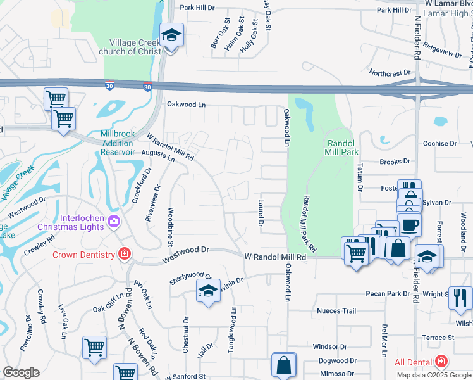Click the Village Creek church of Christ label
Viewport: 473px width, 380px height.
click(x=132, y=45)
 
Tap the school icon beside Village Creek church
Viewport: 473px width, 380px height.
click(x=171, y=36)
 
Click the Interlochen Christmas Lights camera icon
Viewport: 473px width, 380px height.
click(x=114, y=221)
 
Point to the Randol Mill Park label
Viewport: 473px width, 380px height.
click(x=341, y=148)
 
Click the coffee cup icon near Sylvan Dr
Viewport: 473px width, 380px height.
click(x=409, y=225)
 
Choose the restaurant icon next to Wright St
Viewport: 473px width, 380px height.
click(x=460, y=296)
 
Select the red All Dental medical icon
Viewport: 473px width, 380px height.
click(x=441, y=362)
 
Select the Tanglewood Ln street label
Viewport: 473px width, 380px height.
click(x=233, y=325)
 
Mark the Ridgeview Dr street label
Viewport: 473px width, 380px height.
click(x=443, y=51)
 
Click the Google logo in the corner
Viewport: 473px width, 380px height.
click(x=21, y=372)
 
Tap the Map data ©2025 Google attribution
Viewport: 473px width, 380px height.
click(x=434, y=375)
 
